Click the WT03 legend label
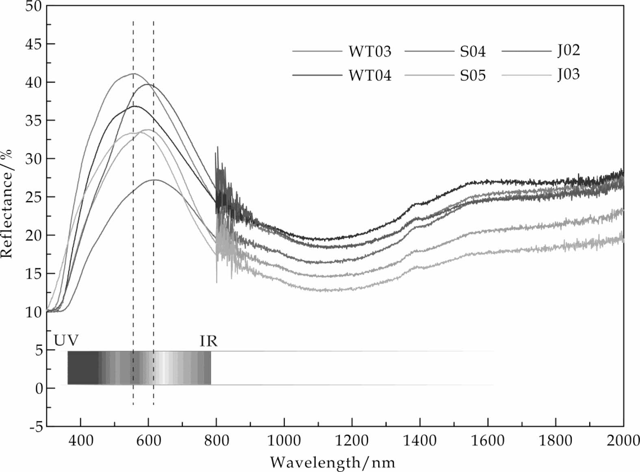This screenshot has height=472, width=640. point(369,52)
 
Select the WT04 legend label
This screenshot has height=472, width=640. point(369,76)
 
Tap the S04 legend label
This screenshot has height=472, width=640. point(473,52)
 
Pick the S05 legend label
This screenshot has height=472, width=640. point(473,76)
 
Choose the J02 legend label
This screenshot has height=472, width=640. point(568,50)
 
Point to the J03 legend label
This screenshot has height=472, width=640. point(568,74)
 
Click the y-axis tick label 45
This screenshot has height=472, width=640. point(34,44)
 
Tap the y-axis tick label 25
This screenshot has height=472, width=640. point(34,197)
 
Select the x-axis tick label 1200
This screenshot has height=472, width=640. point(351,441)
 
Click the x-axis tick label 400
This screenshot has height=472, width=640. point(80,441)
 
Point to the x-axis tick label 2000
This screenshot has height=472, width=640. point(623,441)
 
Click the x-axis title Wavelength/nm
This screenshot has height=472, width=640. point(332,462)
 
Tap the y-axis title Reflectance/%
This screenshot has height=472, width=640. point(7,203)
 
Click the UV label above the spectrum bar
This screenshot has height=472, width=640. point(66,341)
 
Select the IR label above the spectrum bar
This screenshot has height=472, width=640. point(208,341)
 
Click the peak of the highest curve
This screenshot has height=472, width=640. point(133,74)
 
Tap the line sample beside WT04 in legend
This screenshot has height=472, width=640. point(317,76)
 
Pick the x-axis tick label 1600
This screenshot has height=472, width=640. point(487,441)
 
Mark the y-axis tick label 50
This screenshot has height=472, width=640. point(34,6)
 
